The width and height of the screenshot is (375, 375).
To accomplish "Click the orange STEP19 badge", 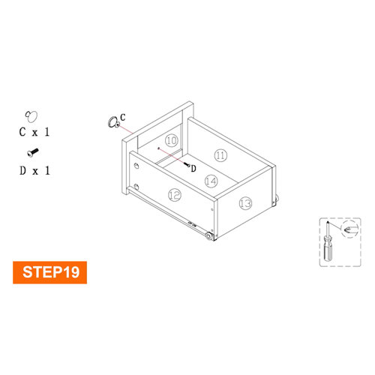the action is point(49,272).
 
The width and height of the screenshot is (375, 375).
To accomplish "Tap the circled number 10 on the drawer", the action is point(172,140).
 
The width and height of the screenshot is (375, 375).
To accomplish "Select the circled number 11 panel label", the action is point(220,155).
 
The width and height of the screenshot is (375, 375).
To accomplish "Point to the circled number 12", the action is point(175,194).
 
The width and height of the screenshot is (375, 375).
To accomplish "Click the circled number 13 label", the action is point(245,203).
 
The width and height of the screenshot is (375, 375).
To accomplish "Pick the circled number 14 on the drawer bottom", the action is point(211,181).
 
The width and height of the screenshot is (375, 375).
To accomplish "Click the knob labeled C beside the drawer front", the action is point(113,122).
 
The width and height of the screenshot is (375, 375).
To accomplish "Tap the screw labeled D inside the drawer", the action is point(187,164).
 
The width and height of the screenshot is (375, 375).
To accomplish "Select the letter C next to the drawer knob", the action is point(123,117).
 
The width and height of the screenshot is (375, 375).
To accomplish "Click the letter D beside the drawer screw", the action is point(193,169).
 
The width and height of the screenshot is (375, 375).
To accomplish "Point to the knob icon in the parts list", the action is point(31,116).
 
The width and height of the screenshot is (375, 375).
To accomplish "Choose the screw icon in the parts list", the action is point(33,152).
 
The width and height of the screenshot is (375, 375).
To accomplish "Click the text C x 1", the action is point(34,132).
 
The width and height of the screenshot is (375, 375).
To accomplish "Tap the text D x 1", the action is point(34,171).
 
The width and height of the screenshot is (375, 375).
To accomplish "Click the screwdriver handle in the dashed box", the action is point(328,247).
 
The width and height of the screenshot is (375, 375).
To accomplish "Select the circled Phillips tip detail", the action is point(349,229).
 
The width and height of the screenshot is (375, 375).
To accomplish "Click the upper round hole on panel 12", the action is point(136,166).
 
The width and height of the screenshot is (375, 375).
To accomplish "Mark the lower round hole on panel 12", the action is point(136,186).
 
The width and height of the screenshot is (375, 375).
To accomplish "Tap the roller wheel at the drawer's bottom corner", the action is point(208,235).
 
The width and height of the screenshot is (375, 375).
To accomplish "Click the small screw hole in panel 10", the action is point(158,148).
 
